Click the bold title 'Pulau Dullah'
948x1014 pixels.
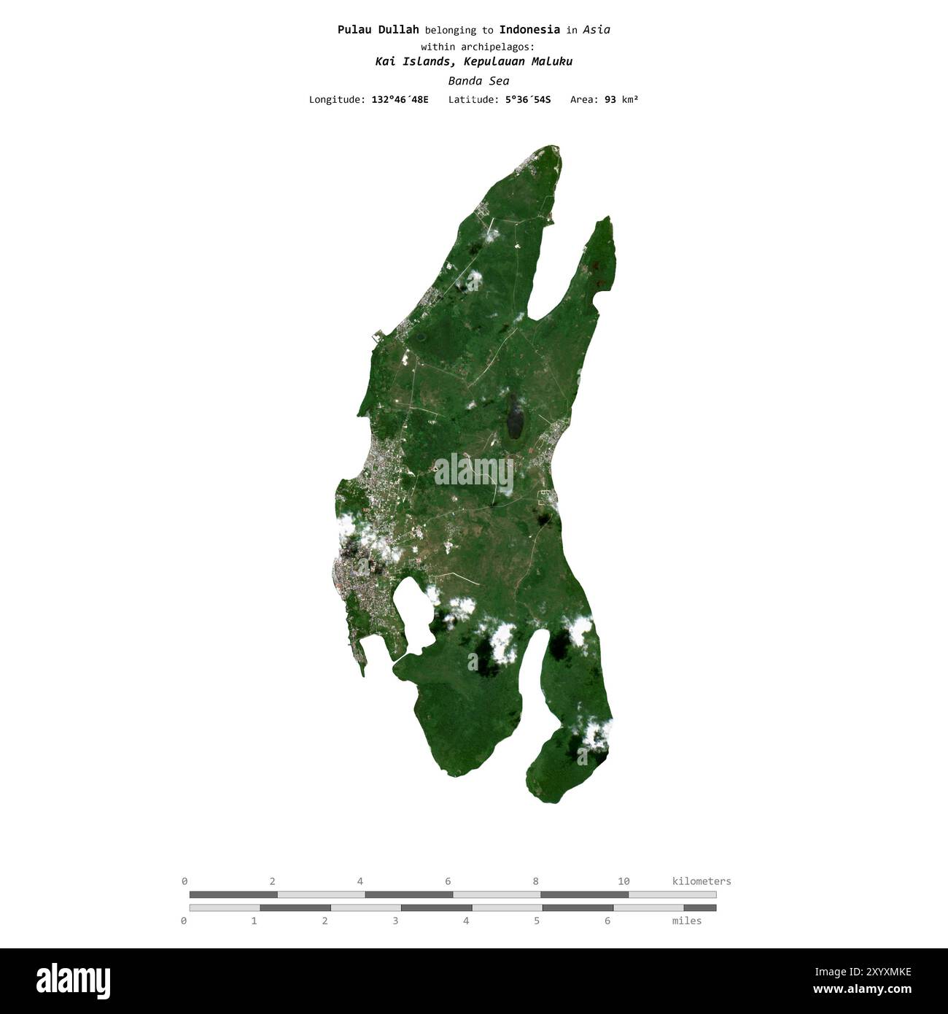pyautogui.click(x=378, y=30)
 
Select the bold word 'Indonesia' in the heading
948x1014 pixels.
pyautogui.click(x=529, y=30)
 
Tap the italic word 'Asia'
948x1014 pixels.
pyautogui.click(x=597, y=30)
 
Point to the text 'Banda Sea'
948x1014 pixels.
pyautogui.click(x=478, y=81)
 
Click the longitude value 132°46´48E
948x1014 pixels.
pyautogui.click(x=400, y=99)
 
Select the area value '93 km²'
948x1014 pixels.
pyautogui.click(x=621, y=99)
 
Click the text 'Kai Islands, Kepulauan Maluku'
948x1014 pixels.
pyautogui.click(x=474, y=61)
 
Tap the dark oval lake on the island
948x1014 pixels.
pyautogui.click(x=516, y=417)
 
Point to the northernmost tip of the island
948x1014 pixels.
pyautogui.click(x=556, y=147)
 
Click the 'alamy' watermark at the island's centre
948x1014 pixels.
pyautogui.click(x=474, y=472)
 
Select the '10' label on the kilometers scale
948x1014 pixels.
pyautogui.click(x=623, y=881)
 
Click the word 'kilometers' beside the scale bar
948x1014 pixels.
pyautogui.click(x=702, y=881)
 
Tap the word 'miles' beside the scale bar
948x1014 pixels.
pyautogui.click(x=687, y=921)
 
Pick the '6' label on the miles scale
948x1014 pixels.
pyautogui.click(x=607, y=921)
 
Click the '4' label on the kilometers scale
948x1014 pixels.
pyautogui.click(x=360, y=881)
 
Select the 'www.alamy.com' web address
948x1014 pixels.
pyautogui.click(x=862, y=990)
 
